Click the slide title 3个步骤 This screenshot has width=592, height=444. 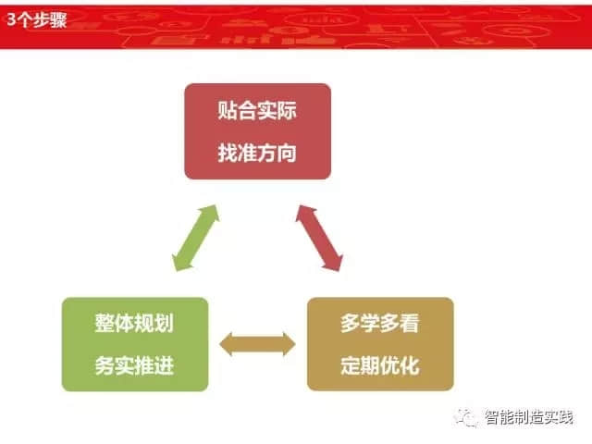click(x=37, y=19)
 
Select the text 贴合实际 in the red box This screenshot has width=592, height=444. click(x=257, y=110)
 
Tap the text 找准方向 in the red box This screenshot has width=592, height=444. click(x=257, y=153)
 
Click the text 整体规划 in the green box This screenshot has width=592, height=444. click(x=134, y=323)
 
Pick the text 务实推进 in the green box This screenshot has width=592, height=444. click(x=134, y=365)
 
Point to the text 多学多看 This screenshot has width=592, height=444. click(x=380, y=323)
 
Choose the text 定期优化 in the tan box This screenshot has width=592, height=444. click(x=380, y=365)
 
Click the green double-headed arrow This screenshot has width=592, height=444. click(x=195, y=238)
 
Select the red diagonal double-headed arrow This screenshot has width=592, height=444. click(x=319, y=238)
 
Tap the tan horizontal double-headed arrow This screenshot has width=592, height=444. click(x=257, y=344)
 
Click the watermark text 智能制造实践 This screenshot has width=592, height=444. click(x=529, y=417)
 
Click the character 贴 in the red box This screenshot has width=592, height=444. click(x=228, y=110)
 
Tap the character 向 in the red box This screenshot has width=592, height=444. click(x=287, y=153)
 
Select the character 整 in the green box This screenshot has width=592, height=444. click(x=105, y=323)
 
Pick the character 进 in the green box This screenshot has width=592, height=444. click(x=165, y=365)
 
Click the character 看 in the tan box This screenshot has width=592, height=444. click(x=410, y=323)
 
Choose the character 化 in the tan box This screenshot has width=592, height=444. click(x=410, y=365)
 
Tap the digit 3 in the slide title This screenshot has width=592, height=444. click(x=12, y=19)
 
